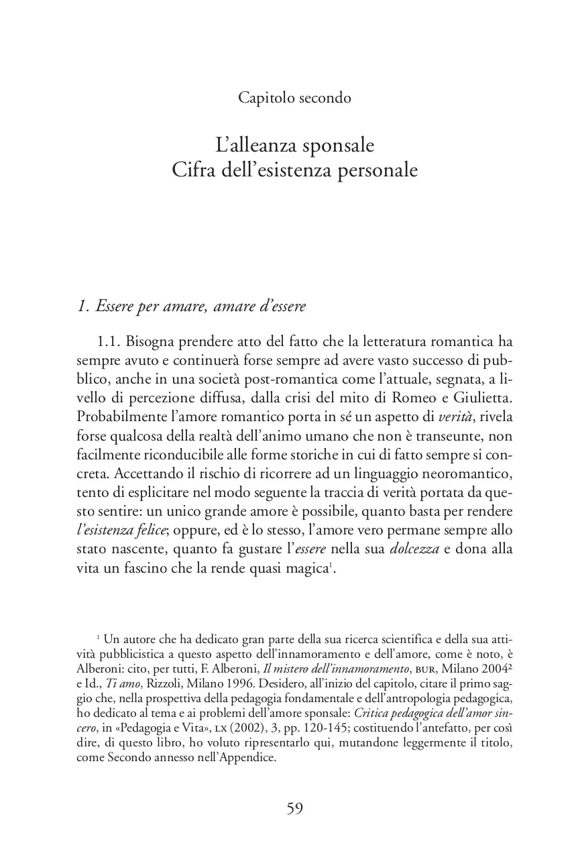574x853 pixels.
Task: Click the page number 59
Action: [295, 809]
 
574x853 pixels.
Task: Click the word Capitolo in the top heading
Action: [264, 98]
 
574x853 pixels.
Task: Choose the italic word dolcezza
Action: [414, 550]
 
